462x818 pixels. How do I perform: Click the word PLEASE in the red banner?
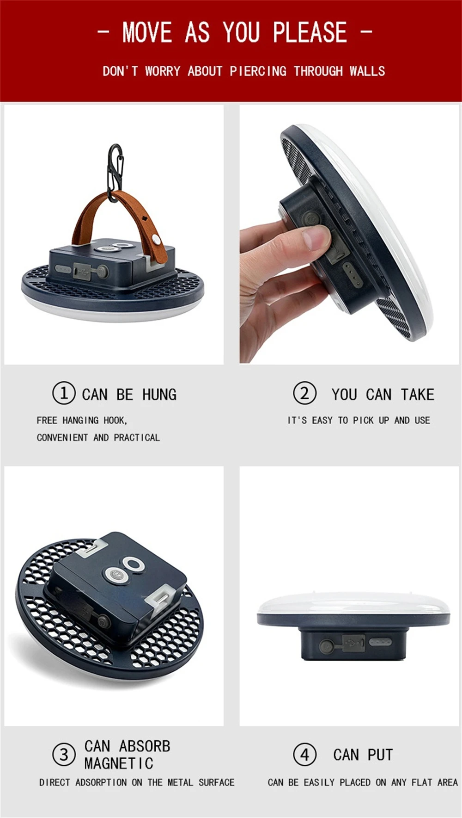coord(310,32)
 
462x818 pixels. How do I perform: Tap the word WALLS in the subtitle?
coord(367,71)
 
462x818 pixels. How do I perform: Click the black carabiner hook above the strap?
coord(115,173)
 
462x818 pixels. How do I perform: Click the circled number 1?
coord(64,393)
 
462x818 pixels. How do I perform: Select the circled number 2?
coord(305,393)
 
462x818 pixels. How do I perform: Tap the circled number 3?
coord(64,755)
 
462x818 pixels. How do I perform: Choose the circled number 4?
coord(305,755)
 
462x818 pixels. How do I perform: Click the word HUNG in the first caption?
coord(159,395)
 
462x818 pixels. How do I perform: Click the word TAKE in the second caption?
coord(418,395)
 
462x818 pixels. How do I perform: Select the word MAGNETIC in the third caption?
coord(119,763)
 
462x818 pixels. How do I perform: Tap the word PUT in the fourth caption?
coord(380,755)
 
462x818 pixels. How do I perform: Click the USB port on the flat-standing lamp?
coord(353,643)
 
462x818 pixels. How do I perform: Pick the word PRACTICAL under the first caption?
coord(137,438)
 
